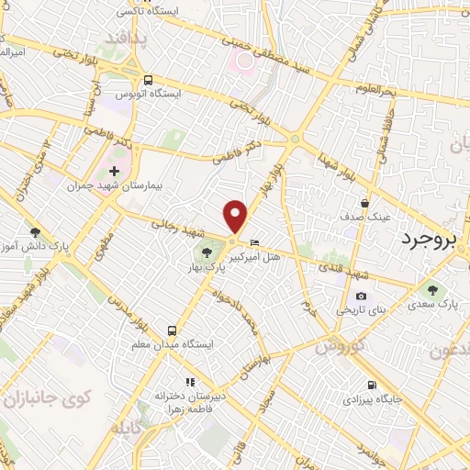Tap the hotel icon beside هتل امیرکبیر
254,242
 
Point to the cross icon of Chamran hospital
114,171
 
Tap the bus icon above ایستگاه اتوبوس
148,79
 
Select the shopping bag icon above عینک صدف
365,204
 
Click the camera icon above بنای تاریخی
361,296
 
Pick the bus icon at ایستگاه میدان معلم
171,330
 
